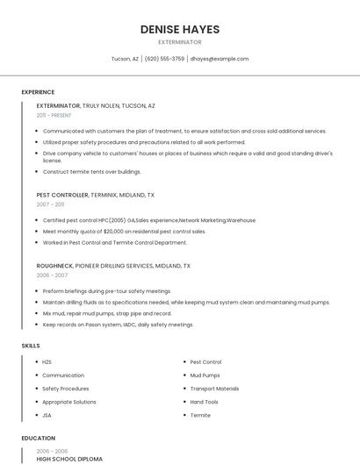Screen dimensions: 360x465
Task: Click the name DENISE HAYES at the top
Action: pos(180,29)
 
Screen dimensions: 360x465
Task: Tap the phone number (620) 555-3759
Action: pos(164,59)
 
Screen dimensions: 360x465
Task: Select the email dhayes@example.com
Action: pos(220,59)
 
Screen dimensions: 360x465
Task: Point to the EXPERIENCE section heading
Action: pos(38,92)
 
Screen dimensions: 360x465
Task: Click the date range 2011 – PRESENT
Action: pos(54,115)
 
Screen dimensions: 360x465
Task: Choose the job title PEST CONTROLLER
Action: pos(62,195)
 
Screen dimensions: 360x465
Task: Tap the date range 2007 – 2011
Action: pos(50,204)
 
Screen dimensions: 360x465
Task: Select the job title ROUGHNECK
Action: pos(55,265)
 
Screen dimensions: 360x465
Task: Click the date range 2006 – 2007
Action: pos(52,275)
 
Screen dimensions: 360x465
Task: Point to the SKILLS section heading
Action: pos(31,346)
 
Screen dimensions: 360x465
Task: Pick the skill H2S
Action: pos(47,361)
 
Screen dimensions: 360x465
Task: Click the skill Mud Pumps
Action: pos(205,375)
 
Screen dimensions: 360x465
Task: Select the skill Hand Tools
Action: pos(205,402)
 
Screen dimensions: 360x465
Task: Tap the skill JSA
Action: pos(47,415)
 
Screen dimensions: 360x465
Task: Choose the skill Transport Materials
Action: pos(214,389)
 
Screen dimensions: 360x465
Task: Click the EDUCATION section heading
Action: pos(39,438)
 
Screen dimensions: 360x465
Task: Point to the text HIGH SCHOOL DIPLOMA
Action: pos(69,459)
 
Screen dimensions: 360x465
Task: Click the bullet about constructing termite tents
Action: pos(91,171)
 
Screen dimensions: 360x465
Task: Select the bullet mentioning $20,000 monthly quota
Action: pos(124,232)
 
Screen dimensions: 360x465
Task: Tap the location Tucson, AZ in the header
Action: pos(125,59)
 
